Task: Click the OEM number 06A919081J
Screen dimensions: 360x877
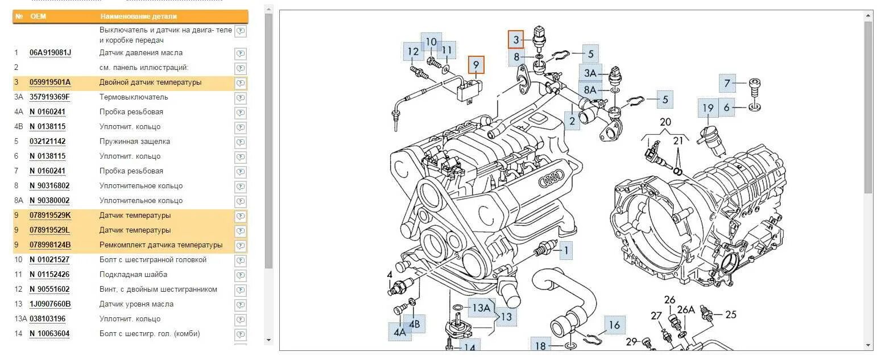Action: [x=50, y=53]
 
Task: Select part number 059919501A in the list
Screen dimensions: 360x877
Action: [x=50, y=82]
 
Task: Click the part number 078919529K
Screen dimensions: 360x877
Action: [x=50, y=216]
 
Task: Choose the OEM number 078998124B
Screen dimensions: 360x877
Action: [x=50, y=245]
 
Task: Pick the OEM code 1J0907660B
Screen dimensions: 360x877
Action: [x=50, y=304]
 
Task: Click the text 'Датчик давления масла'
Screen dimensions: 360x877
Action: [x=141, y=53]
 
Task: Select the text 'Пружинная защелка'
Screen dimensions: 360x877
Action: [x=135, y=142]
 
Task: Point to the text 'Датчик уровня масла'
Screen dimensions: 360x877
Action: [x=136, y=304]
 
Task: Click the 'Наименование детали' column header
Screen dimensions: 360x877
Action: [x=138, y=16]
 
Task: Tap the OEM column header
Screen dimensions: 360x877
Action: [x=38, y=16]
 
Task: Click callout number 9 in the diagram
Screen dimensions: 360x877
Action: [x=477, y=65]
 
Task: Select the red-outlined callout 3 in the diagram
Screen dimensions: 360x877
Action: [x=516, y=39]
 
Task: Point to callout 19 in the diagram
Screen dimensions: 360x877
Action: [x=708, y=108]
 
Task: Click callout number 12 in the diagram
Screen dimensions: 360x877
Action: [x=413, y=52]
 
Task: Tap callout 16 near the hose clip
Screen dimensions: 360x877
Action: [x=614, y=325]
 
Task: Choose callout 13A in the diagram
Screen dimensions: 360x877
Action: [x=481, y=308]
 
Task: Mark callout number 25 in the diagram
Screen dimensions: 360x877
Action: [x=730, y=314]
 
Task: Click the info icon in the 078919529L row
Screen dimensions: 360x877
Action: [x=241, y=231]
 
